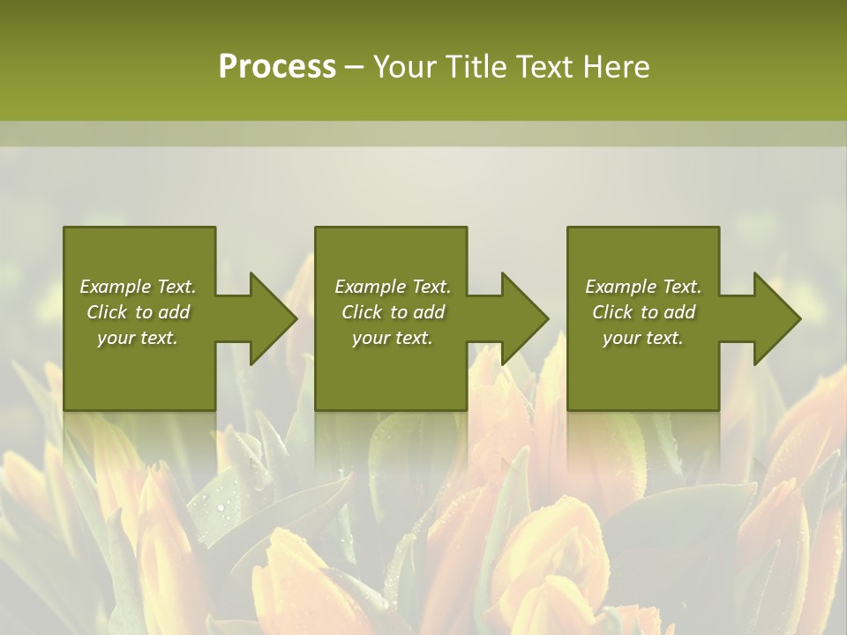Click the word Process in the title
pyautogui.click(x=277, y=67)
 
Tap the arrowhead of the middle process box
pyautogui.click(x=524, y=318)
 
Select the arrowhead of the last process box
pyautogui.click(x=776, y=318)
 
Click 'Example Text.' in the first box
pyautogui.click(x=138, y=287)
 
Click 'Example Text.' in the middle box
pyautogui.click(x=392, y=287)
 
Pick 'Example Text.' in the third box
pyautogui.click(x=643, y=287)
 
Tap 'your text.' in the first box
pyautogui.click(x=138, y=338)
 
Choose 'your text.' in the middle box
pyautogui.click(x=392, y=338)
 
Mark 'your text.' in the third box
pyautogui.click(x=643, y=338)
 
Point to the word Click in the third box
pyautogui.click(x=613, y=312)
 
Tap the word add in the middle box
pyautogui.click(x=429, y=312)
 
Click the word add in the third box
pyautogui.click(x=679, y=312)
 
